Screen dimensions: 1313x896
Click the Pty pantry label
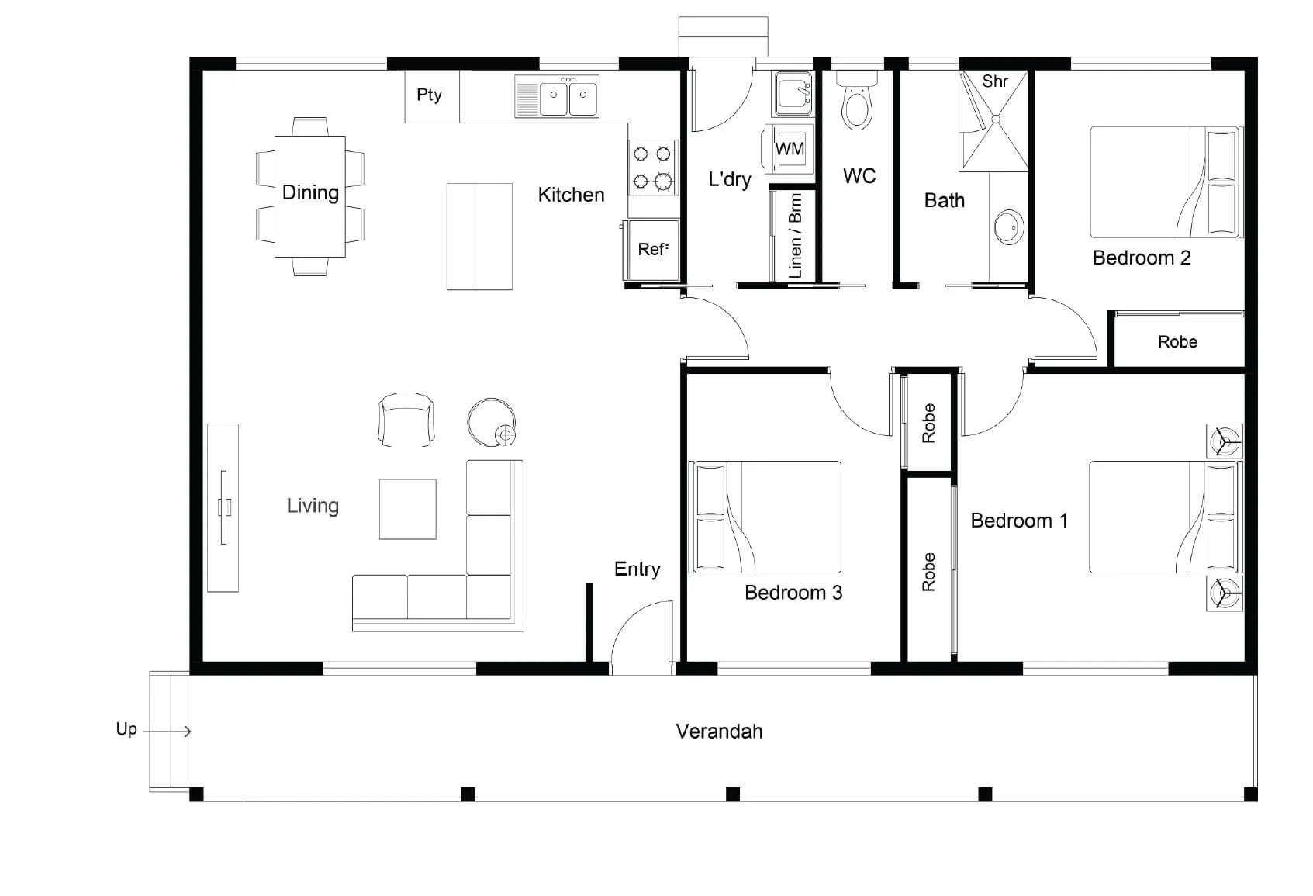pos(429,95)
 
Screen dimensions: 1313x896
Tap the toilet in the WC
pos(856,100)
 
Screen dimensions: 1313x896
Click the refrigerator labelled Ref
pos(651,250)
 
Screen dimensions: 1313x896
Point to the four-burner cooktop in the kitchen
pos(652,168)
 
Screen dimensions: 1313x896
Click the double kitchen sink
pos(557,95)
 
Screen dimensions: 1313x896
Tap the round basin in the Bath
pos(1009,227)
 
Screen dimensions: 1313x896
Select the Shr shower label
pos(995,81)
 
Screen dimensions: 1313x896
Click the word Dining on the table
pos(310,192)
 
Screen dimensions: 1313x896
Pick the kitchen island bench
pos(479,237)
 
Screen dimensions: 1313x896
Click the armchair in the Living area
pos(406,419)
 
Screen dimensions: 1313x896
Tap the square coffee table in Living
pos(407,509)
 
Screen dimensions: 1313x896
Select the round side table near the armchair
pos(492,422)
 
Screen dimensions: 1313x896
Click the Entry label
pos(637,569)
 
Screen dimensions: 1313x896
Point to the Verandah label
pos(719,732)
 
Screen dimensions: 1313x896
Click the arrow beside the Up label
pos(167,732)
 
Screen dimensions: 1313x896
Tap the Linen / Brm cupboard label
pos(795,237)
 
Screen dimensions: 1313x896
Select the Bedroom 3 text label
pos(793,592)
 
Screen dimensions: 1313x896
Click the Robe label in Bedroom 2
pos(1177,342)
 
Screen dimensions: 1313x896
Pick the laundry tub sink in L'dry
pos(793,94)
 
